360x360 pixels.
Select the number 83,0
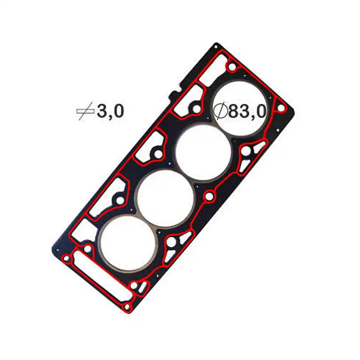(x=247, y=112)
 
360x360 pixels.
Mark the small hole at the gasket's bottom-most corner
(x=126, y=307)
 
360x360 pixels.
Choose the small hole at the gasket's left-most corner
(x=66, y=258)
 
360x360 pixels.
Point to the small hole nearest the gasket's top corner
(x=232, y=67)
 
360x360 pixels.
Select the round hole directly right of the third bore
(x=209, y=197)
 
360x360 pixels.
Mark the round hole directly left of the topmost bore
(x=195, y=108)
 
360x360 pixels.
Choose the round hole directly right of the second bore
(x=246, y=152)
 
